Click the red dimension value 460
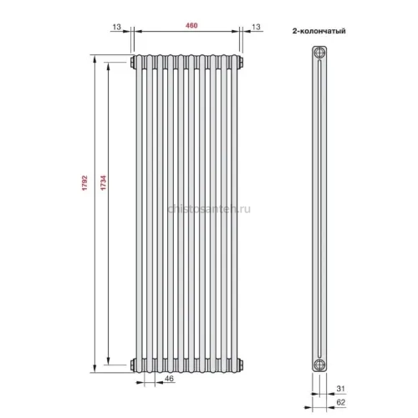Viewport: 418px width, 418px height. point(191,25)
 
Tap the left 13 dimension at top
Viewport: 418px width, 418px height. point(117,27)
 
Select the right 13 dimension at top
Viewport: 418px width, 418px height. point(256,27)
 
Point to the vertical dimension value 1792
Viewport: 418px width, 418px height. point(84,183)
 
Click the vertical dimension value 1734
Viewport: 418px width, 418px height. point(104,183)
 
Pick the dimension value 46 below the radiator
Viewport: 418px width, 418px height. point(169,379)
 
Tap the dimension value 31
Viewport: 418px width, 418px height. point(340,389)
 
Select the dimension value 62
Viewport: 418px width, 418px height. point(341,402)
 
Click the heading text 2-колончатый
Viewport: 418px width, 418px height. point(319,31)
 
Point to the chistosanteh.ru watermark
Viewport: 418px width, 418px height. point(209,209)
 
